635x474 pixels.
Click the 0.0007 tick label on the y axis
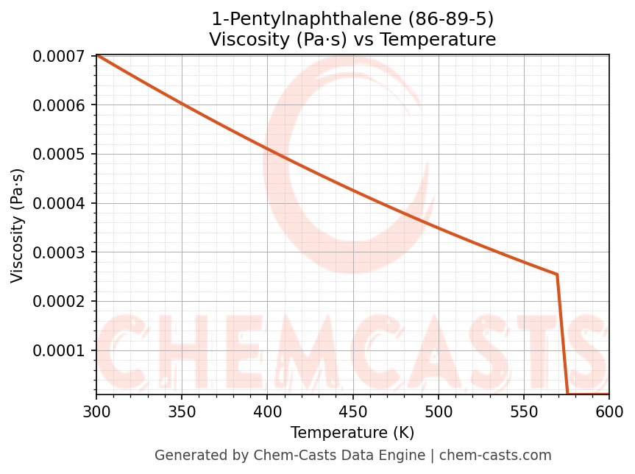tap(61, 56)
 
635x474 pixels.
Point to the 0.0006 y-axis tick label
tap(61, 105)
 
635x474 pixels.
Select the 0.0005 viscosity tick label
tap(61, 154)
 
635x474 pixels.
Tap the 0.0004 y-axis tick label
tap(61, 203)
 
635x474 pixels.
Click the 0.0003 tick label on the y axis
tap(61, 252)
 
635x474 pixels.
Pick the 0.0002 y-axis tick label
tap(61, 301)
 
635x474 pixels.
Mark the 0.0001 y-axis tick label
tap(61, 350)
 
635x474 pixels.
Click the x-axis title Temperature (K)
tap(352, 433)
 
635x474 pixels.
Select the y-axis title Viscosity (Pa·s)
tap(18, 225)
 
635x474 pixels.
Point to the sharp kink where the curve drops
tap(557, 275)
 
